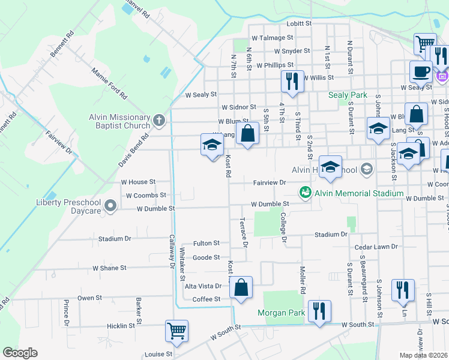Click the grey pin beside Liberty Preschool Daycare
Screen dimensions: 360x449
point(110,206)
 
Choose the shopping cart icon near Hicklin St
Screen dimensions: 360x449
point(176,331)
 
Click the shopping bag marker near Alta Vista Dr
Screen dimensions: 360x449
point(241,287)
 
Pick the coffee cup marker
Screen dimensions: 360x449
point(421,71)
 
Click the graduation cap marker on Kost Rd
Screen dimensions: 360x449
point(211,145)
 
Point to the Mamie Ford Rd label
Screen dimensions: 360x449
point(109,83)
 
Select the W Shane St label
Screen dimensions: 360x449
point(109,268)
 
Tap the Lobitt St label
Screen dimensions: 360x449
point(300,23)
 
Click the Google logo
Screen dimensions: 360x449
point(20,353)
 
